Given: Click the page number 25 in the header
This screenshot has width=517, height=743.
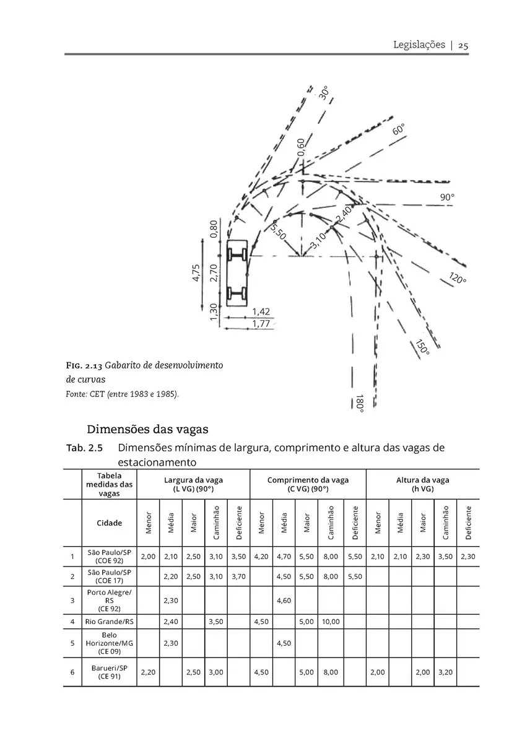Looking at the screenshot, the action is (463, 45).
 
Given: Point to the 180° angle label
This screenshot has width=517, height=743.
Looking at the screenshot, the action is (360, 403).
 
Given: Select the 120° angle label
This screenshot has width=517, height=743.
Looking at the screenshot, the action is (458, 278).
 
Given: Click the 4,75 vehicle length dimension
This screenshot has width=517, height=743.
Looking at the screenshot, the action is (196, 272).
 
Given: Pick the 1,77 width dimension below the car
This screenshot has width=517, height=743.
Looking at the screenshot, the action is (261, 323).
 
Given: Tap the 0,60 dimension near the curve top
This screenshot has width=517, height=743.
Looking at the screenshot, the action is (300, 147).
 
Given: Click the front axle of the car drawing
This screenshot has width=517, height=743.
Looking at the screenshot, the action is (237, 255).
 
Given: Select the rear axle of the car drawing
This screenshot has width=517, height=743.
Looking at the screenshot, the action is (237, 293).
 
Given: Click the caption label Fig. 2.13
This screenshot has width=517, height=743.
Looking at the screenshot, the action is (84, 366).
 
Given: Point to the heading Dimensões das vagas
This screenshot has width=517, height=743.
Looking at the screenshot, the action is (147, 429).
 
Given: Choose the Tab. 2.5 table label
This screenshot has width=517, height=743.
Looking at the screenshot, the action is (85, 448).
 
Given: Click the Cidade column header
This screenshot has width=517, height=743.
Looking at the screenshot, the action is (109, 523).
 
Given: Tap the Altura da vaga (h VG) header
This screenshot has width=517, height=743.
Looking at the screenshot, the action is (422, 484).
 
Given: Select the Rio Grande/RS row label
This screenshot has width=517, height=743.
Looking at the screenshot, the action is (109, 622).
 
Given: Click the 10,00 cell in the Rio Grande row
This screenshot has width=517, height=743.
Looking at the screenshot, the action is (331, 622).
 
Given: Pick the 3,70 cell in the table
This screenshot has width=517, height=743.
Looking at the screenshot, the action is (238, 577).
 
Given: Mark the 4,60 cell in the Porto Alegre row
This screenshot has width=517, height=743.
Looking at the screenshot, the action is (284, 601).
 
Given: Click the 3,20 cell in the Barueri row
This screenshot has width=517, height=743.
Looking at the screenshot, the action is (445, 672).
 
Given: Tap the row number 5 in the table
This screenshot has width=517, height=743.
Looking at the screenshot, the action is (72, 643).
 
